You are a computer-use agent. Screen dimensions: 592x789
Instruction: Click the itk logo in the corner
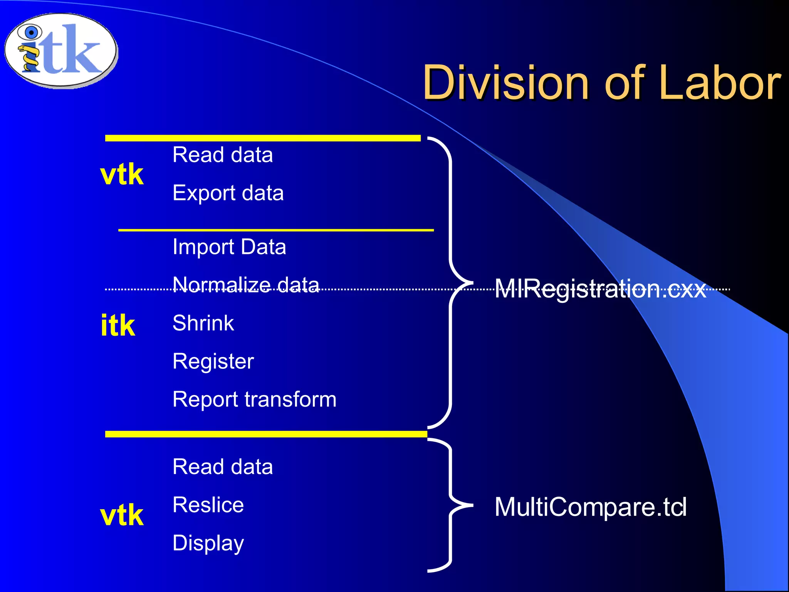click(61, 50)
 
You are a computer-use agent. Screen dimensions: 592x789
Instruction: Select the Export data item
click(228, 193)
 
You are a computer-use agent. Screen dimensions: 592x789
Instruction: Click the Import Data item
click(229, 247)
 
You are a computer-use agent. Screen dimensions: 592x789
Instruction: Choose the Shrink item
click(203, 323)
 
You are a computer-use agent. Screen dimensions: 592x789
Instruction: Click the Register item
click(213, 361)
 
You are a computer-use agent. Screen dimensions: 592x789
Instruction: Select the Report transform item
click(254, 399)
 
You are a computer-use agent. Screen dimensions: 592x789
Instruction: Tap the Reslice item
click(208, 505)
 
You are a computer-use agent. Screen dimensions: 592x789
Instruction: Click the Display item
click(208, 543)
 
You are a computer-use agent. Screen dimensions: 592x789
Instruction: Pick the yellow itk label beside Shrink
click(118, 325)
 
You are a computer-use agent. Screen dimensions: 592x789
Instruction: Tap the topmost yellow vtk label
click(122, 174)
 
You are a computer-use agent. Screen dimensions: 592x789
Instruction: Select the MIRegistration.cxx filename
click(600, 289)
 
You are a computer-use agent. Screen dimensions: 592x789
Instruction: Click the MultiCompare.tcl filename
click(590, 506)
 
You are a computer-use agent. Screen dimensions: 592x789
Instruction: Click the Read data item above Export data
click(223, 155)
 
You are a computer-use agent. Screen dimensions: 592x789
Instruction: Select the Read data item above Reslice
click(223, 467)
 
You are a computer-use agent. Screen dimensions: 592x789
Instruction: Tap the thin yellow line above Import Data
click(276, 230)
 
